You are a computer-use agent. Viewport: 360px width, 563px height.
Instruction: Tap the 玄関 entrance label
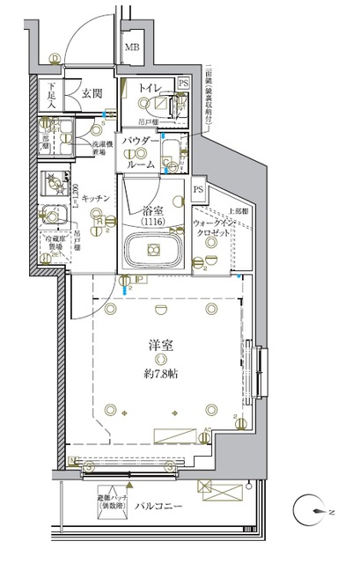[x=92, y=91]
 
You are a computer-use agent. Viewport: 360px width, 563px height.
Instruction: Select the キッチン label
[x=97, y=199]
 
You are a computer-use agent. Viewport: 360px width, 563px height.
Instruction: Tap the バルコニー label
[x=159, y=505]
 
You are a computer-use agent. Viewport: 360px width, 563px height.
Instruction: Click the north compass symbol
[x=320, y=510]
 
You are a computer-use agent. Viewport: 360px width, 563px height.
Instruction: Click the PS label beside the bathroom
[x=199, y=188]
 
